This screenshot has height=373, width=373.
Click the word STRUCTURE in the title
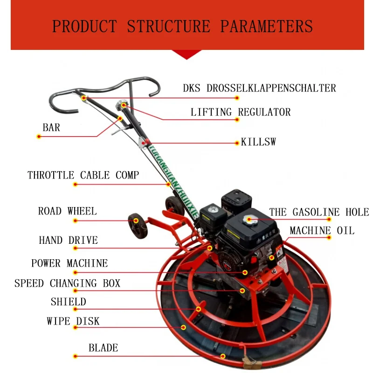point(169,26)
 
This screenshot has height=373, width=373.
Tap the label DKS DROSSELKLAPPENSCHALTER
point(259,88)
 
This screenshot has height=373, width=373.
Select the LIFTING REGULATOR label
point(241,112)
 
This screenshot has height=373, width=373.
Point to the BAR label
point(51,128)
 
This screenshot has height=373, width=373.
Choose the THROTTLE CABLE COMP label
point(83,175)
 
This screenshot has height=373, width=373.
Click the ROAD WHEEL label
point(68,211)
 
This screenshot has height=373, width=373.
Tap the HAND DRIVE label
point(69,241)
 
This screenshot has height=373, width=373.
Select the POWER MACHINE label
point(69,263)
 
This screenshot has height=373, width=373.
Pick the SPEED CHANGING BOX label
point(68,283)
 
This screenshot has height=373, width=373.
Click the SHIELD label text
point(69,302)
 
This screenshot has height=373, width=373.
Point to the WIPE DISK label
point(73,321)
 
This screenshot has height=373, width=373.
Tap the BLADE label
point(104,348)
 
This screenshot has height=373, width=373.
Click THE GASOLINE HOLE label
point(319,212)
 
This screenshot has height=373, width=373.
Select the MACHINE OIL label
point(322,231)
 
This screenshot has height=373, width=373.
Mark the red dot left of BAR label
point(39,137)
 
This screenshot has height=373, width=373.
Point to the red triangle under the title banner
point(186,55)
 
